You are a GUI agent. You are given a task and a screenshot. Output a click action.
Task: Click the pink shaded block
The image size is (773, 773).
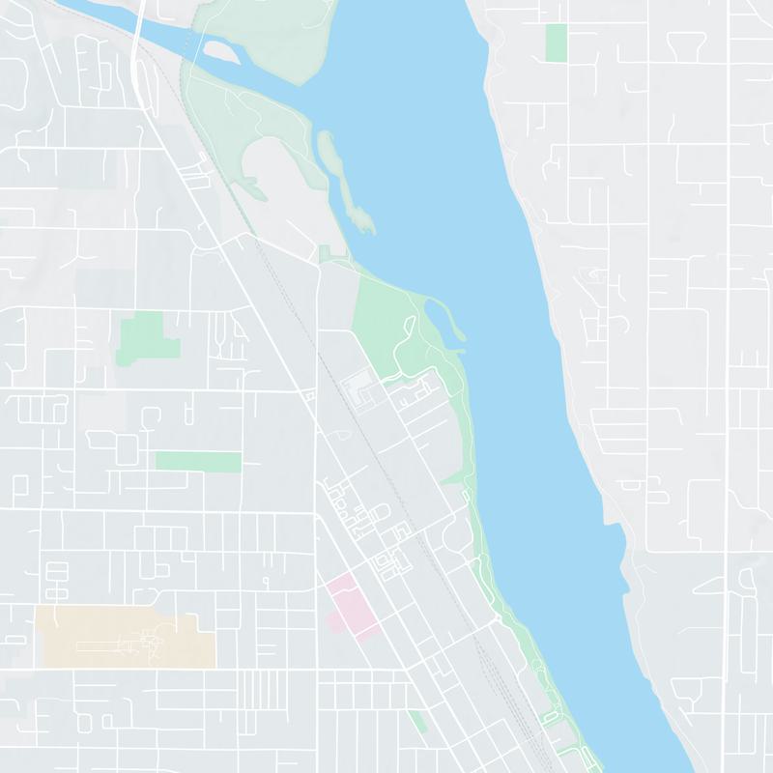pyautogui.click(x=348, y=604)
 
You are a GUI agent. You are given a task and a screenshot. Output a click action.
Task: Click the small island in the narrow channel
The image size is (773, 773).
pyautogui.click(x=220, y=50)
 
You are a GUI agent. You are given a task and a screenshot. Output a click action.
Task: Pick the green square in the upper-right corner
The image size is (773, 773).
pyautogui.click(x=556, y=42)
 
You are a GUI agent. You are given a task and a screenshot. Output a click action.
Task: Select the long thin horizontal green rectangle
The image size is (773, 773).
pyautogui.click(x=198, y=462)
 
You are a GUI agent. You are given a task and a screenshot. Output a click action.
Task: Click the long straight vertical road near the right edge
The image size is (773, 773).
pyautogui.click(x=726, y=386)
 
